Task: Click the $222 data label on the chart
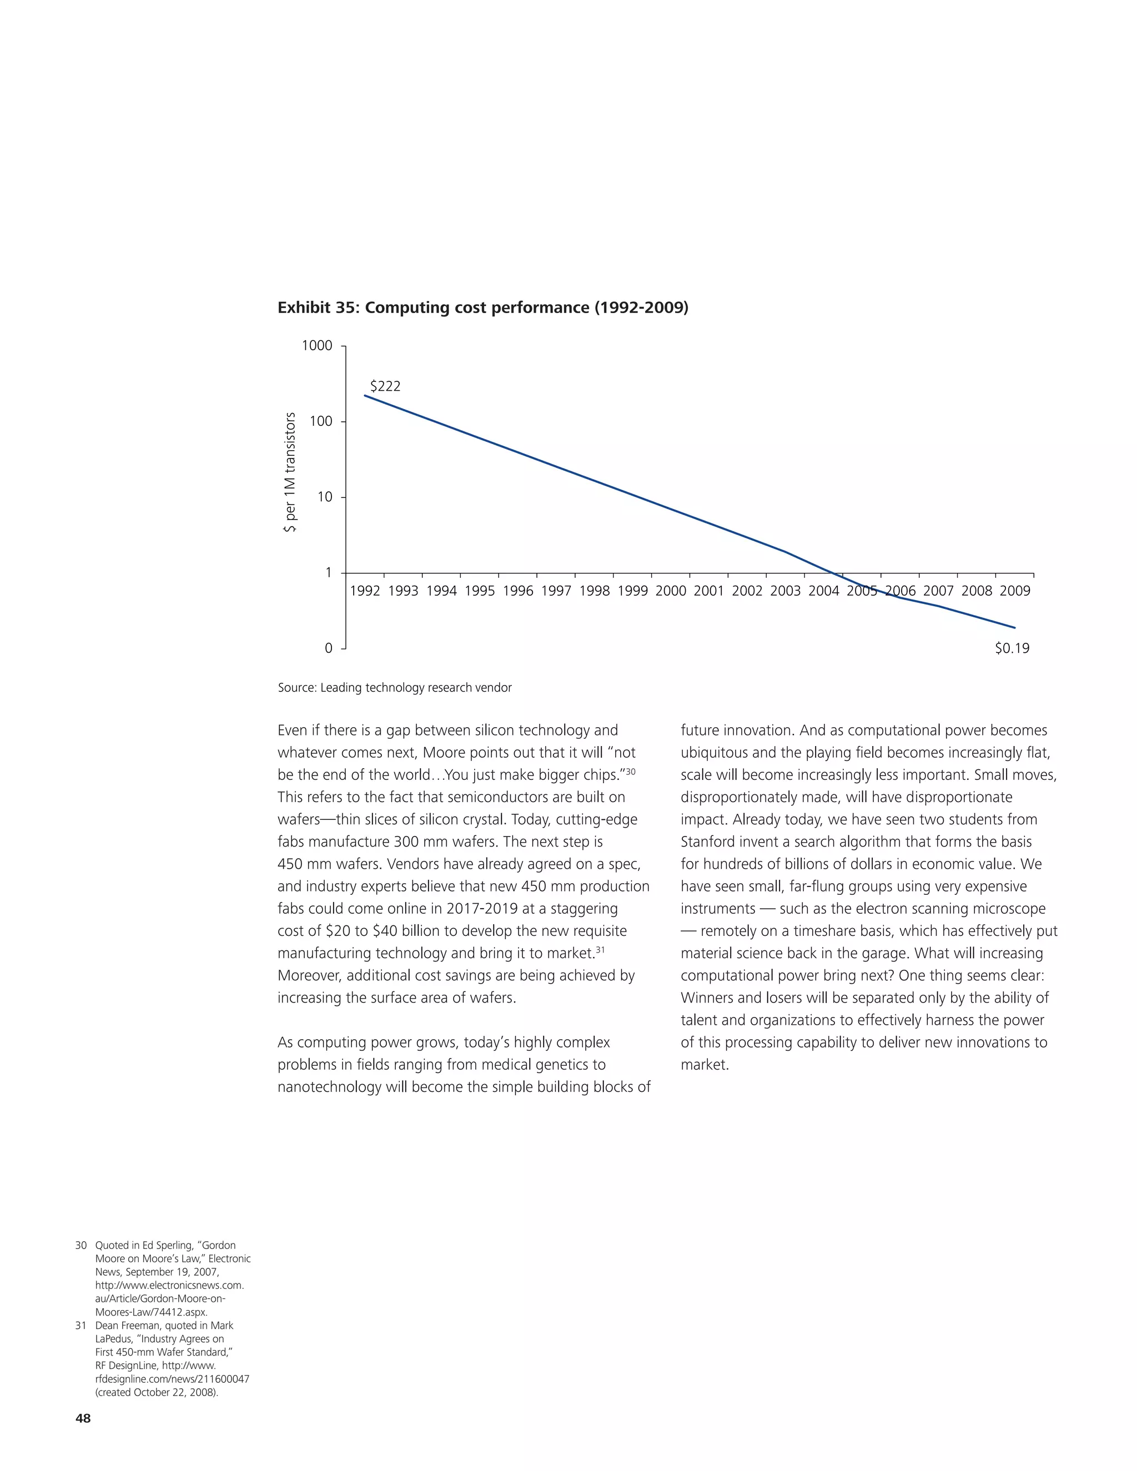pos(385,386)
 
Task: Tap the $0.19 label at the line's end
pos(1012,648)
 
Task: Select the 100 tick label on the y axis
pos(321,422)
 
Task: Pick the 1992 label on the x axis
pos(365,591)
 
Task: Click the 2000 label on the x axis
pos(671,591)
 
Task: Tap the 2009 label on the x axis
pos(1014,591)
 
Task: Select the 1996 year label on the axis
pos(518,591)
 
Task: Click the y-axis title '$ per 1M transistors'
pos(290,472)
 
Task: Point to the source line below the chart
pos(395,688)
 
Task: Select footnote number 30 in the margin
pos(82,1246)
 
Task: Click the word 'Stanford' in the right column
pos(707,842)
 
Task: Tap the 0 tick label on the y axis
pos(329,648)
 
